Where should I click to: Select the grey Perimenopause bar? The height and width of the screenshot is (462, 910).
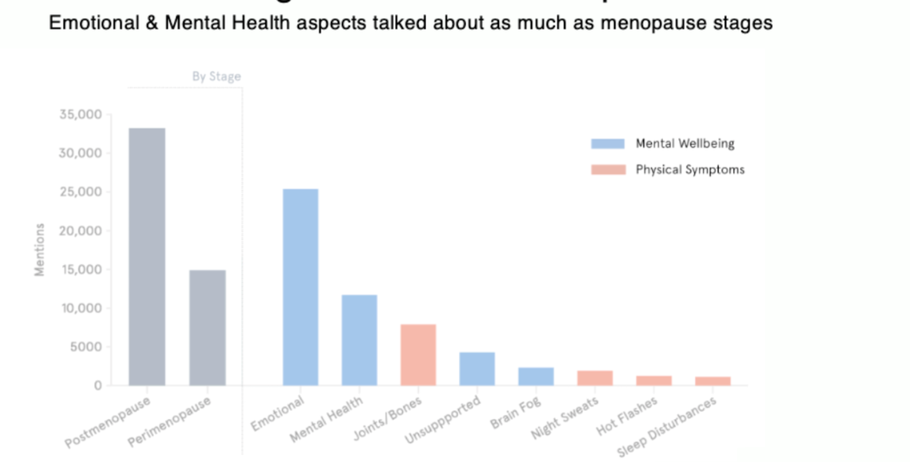[207, 328]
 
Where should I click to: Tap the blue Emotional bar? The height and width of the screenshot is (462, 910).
[301, 287]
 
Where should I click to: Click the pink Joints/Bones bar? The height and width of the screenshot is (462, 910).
[418, 355]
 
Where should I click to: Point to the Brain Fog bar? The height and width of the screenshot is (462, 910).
[536, 376]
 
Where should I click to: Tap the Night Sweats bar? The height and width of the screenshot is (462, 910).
[595, 378]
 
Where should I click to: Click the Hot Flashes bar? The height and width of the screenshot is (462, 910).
[654, 381]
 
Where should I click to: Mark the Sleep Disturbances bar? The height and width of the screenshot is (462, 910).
[713, 381]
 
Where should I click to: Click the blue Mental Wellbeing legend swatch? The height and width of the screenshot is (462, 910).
[608, 143]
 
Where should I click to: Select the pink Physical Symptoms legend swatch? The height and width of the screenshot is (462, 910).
[608, 169]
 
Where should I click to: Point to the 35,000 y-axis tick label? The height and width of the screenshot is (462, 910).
[81, 115]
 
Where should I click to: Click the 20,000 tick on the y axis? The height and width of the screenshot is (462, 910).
[81, 231]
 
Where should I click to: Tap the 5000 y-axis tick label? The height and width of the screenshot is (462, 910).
[85, 347]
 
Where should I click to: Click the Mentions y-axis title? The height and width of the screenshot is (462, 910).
[40, 249]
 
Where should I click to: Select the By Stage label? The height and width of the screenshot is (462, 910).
[217, 77]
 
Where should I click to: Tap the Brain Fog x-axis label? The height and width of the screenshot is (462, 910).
[515, 414]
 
